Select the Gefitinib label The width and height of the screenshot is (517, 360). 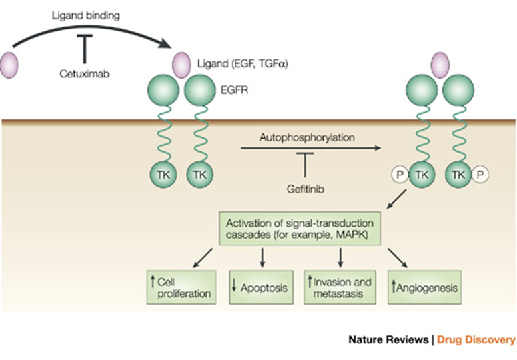pos(304,188)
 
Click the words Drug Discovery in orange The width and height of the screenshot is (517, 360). pos(476,340)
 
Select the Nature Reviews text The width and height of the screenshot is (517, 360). pos(388,340)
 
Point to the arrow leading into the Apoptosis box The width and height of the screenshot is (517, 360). pos(263,256)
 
